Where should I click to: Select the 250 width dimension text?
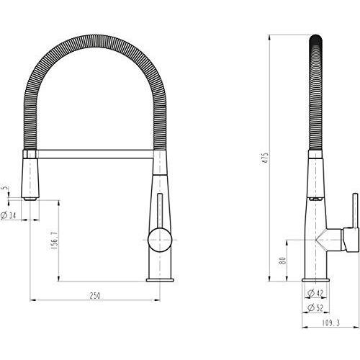(x=94, y=295)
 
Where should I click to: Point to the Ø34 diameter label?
(x=9, y=215)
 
